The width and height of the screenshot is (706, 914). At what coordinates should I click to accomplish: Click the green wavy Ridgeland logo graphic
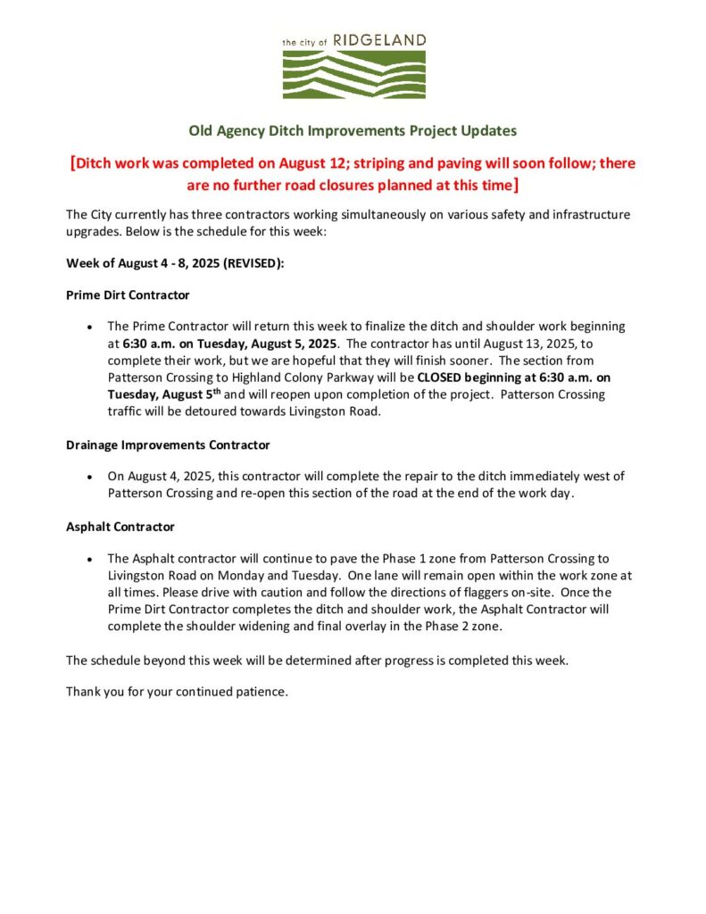pos(353,73)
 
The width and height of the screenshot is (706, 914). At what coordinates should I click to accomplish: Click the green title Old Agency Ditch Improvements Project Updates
pos(353,130)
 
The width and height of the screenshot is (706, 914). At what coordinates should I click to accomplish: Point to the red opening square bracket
pos(71,163)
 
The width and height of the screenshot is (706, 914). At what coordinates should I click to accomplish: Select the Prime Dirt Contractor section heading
pos(128,295)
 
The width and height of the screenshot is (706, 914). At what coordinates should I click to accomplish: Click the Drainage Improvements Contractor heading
pos(168,445)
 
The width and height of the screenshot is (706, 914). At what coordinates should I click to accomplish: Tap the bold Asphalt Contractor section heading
pos(120,527)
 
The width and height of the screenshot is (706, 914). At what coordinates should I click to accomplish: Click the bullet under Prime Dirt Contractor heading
pos(90,327)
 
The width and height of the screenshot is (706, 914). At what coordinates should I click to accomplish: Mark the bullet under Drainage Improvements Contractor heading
pos(90,477)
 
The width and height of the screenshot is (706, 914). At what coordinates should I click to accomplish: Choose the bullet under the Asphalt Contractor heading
pos(90,559)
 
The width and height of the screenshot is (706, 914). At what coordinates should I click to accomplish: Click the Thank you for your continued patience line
pos(177,692)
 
